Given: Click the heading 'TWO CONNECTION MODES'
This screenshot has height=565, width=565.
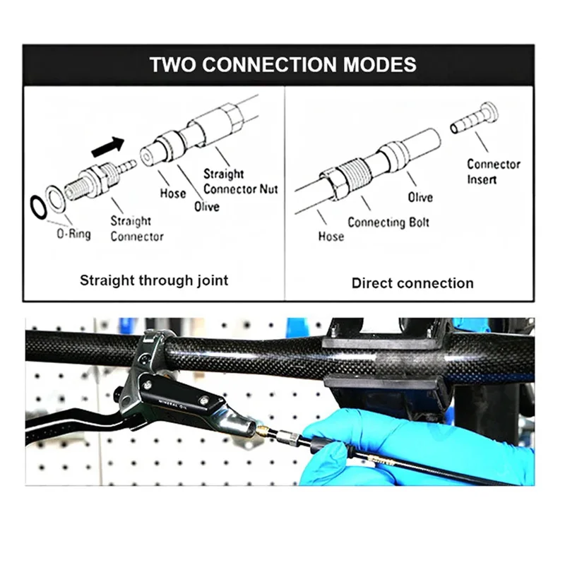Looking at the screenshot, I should coord(282,65).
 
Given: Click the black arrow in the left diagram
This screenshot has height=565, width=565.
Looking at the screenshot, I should coord(107,147).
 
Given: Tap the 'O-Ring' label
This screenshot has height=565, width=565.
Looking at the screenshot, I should coord(73,233).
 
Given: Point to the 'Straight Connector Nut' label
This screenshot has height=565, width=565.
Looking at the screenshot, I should coord(240,181).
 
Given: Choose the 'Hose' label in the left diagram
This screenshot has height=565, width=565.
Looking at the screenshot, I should coord(172,193).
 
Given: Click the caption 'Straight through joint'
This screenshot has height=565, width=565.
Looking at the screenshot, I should coord(154,280).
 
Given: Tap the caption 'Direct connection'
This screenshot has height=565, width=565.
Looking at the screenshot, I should coord(412,283).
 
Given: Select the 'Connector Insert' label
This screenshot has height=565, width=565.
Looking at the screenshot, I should coord(493,172).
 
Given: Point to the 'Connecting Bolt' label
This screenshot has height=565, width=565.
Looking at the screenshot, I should coord(388,222).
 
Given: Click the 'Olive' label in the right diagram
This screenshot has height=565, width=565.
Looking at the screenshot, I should coord(420,197).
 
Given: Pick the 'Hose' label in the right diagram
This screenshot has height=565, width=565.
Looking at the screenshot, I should coord(330,237).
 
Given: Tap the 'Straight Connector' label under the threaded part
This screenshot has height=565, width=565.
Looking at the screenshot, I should coord(136,229).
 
